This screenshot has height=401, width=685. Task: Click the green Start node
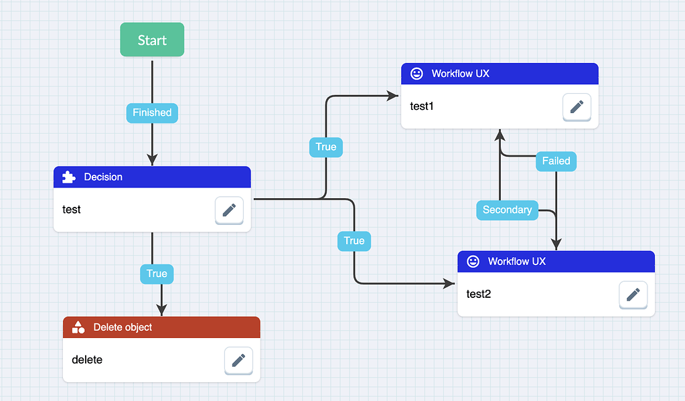pyautogui.click(x=152, y=40)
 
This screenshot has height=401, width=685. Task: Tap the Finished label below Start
pyautogui.click(x=152, y=112)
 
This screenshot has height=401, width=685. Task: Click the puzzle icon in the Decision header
pyautogui.click(x=68, y=177)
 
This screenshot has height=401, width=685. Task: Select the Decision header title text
pyautogui.click(x=103, y=177)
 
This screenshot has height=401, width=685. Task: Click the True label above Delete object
pyautogui.click(x=157, y=273)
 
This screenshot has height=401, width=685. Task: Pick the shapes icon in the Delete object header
pyautogui.click(x=78, y=327)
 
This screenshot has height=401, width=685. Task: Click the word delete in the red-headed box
pyautogui.click(x=87, y=359)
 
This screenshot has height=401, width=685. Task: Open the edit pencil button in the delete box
pyautogui.click(x=238, y=361)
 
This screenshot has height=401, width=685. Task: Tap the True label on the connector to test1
pyautogui.click(x=326, y=147)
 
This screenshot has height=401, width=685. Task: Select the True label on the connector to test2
pyautogui.click(x=354, y=240)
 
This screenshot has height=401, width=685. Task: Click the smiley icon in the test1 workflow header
pyautogui.click(x=416, y=74)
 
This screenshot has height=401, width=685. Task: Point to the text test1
pyautogui.click(x=422, y=106)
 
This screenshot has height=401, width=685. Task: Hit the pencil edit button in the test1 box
pyautogui.click(x=577, y=107)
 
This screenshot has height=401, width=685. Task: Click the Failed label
pyautogui.click(x=556, y=161)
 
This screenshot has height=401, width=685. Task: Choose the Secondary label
pyautogui.click(x=507, y=210)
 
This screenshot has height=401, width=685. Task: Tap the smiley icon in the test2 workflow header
pyautogui.click(x=473, y=262)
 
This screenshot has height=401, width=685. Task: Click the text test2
pyautogui.click(x=479, y=293)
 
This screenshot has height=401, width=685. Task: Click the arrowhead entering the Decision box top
pyautogui.click(x=152, y=159)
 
